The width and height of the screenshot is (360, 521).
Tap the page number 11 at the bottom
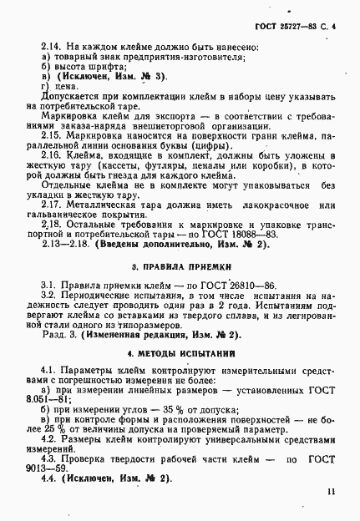[x=332, y=493]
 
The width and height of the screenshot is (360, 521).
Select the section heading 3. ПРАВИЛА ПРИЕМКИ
[x=180, y=267]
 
